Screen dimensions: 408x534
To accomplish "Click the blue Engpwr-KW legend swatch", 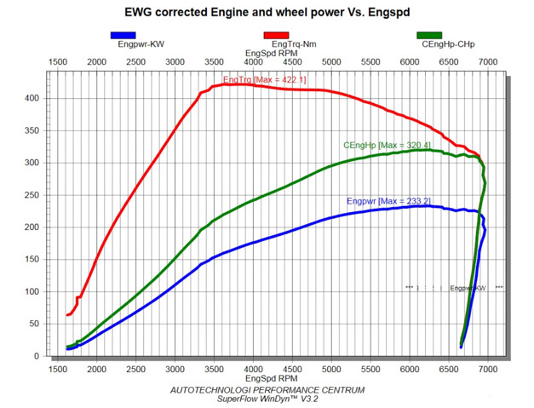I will [x=123, y=35].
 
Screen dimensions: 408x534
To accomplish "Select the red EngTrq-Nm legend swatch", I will [x=276, y=35].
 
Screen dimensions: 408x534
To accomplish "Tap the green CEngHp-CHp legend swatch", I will [x=429, y=35].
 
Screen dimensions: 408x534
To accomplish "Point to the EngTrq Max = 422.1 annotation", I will [x=264, y=80].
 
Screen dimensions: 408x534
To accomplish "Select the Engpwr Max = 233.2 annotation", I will [x=388, y=201].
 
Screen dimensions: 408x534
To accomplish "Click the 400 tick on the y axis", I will [x=32, y=98].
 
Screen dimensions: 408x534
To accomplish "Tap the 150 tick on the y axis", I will [x=32, y=259].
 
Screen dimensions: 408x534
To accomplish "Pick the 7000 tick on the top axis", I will [x=488, y=62].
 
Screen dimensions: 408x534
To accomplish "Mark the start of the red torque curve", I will [x=67, y=315].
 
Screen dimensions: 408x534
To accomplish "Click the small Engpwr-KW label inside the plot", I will [x=467, y=288].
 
